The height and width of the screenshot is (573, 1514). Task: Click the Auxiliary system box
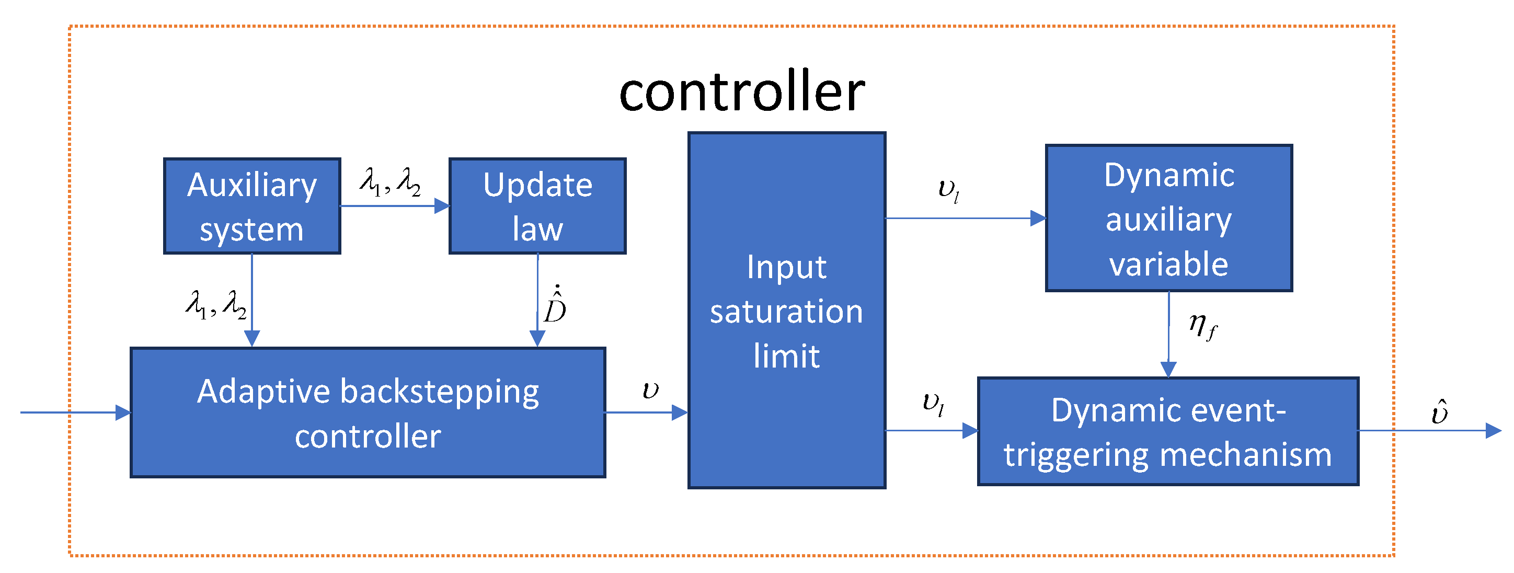click(251, 205)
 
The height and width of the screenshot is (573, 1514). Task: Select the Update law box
click(537, 205)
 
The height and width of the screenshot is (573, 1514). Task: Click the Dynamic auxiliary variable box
click(1168, 218)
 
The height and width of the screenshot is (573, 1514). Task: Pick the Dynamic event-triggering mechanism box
click(1168, 431)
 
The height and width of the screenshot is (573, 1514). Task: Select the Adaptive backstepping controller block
click(368, 412)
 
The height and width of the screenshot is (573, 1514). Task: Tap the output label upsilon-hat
click(1439, 411)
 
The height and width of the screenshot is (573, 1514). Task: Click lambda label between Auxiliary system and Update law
click(390, 181)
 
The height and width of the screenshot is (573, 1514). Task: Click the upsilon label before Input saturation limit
click(650, 389)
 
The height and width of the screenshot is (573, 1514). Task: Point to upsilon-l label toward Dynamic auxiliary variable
click(948, 190)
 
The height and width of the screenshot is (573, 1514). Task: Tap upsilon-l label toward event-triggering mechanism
click(933, 404)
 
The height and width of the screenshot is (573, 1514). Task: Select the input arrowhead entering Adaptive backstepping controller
click(123, 412)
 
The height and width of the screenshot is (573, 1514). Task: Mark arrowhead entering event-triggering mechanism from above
click(1168, 369)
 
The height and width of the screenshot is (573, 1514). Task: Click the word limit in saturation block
click(786, 356)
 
